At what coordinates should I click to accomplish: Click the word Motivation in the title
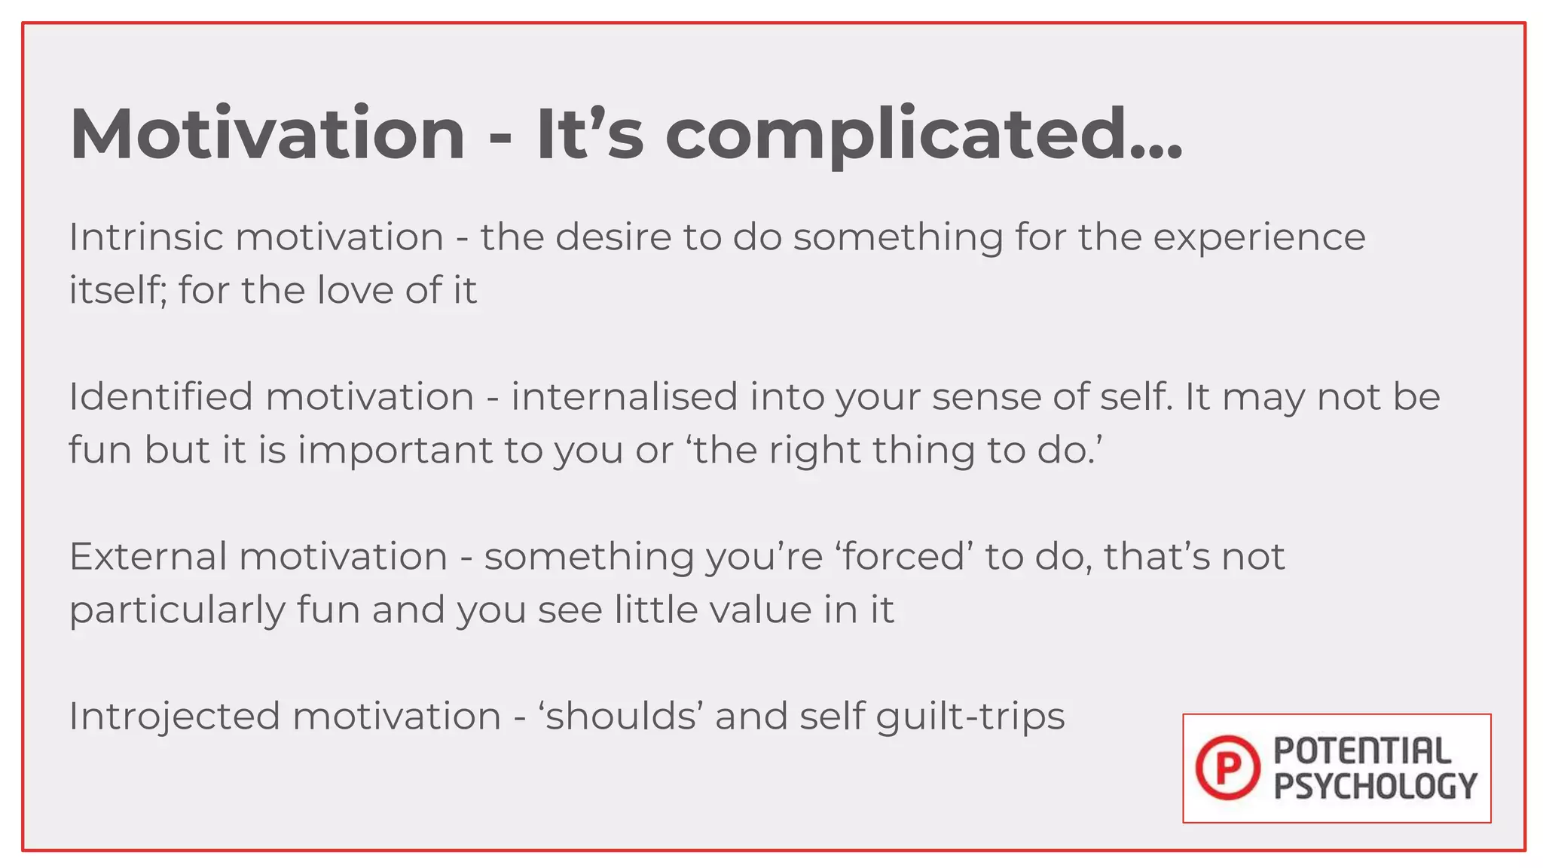coord(267,134)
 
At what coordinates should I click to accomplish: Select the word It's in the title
coord(589,134)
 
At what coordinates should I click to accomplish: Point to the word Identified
coord(160,397)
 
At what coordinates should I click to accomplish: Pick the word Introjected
coord(174,716)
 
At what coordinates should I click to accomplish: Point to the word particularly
coord(177,611)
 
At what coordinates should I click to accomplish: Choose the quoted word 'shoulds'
coord(621,716)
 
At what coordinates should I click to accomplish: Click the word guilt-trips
coord(970,717)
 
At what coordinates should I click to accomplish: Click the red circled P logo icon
coord(1227,768)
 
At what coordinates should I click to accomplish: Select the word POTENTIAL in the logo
coord(1362,751)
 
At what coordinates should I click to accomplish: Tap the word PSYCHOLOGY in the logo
coord(1375,786)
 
